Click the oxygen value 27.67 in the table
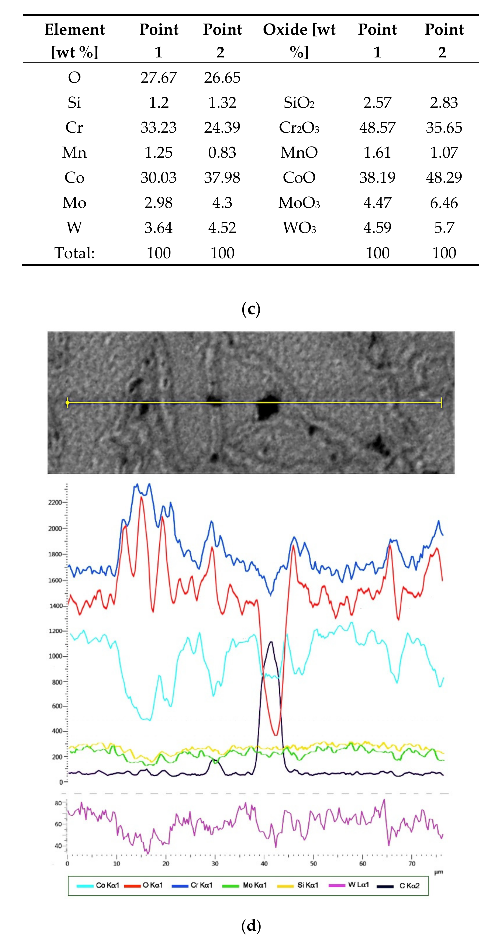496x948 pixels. [x=158, y=78]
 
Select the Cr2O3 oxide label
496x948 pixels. [x=299, y=128]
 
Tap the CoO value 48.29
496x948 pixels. [x=444, y=178]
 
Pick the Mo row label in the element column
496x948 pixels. [x=74, y=203]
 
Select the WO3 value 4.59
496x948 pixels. [x=377, y=228]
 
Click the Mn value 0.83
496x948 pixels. [x=222, y=153]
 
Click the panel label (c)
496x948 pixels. [x=251, y=309]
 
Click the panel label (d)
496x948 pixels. [x=251, y=925]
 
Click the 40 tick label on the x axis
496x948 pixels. [x=264, y=864]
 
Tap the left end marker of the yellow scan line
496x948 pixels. [x=67, y=403]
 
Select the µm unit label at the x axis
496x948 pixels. [x=438, y=872]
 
